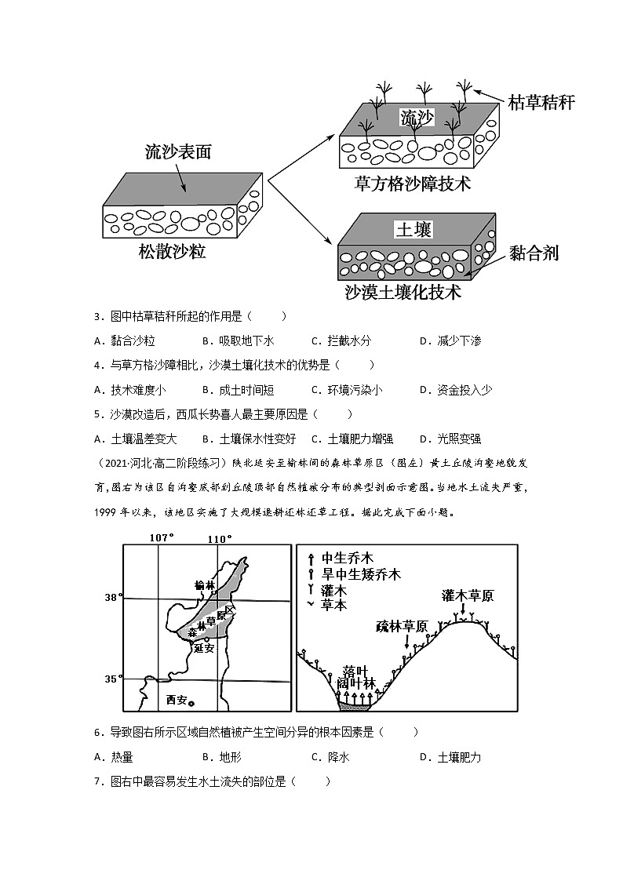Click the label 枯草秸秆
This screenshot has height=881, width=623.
coord(541,102)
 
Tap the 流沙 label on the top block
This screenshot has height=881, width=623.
coord(417,118)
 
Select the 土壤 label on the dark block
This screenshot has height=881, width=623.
coord(414,229)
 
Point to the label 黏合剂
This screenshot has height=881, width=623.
coord(534,252)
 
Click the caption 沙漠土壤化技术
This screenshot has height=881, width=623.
coord(403,293)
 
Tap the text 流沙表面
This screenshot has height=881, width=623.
coord(178,152)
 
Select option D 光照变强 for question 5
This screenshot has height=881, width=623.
coord(450,439)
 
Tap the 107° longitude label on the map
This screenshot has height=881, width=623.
coord(161,537)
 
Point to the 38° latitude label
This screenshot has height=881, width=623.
coord(112,598)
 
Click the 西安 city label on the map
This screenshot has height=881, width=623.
coord(177,700)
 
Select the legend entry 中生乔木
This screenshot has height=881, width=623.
coord(347,559)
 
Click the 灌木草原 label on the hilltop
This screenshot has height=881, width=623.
coord(468,595)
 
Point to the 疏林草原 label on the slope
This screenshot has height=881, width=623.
coord(402,626)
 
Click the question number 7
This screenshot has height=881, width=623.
coord(98,781)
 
